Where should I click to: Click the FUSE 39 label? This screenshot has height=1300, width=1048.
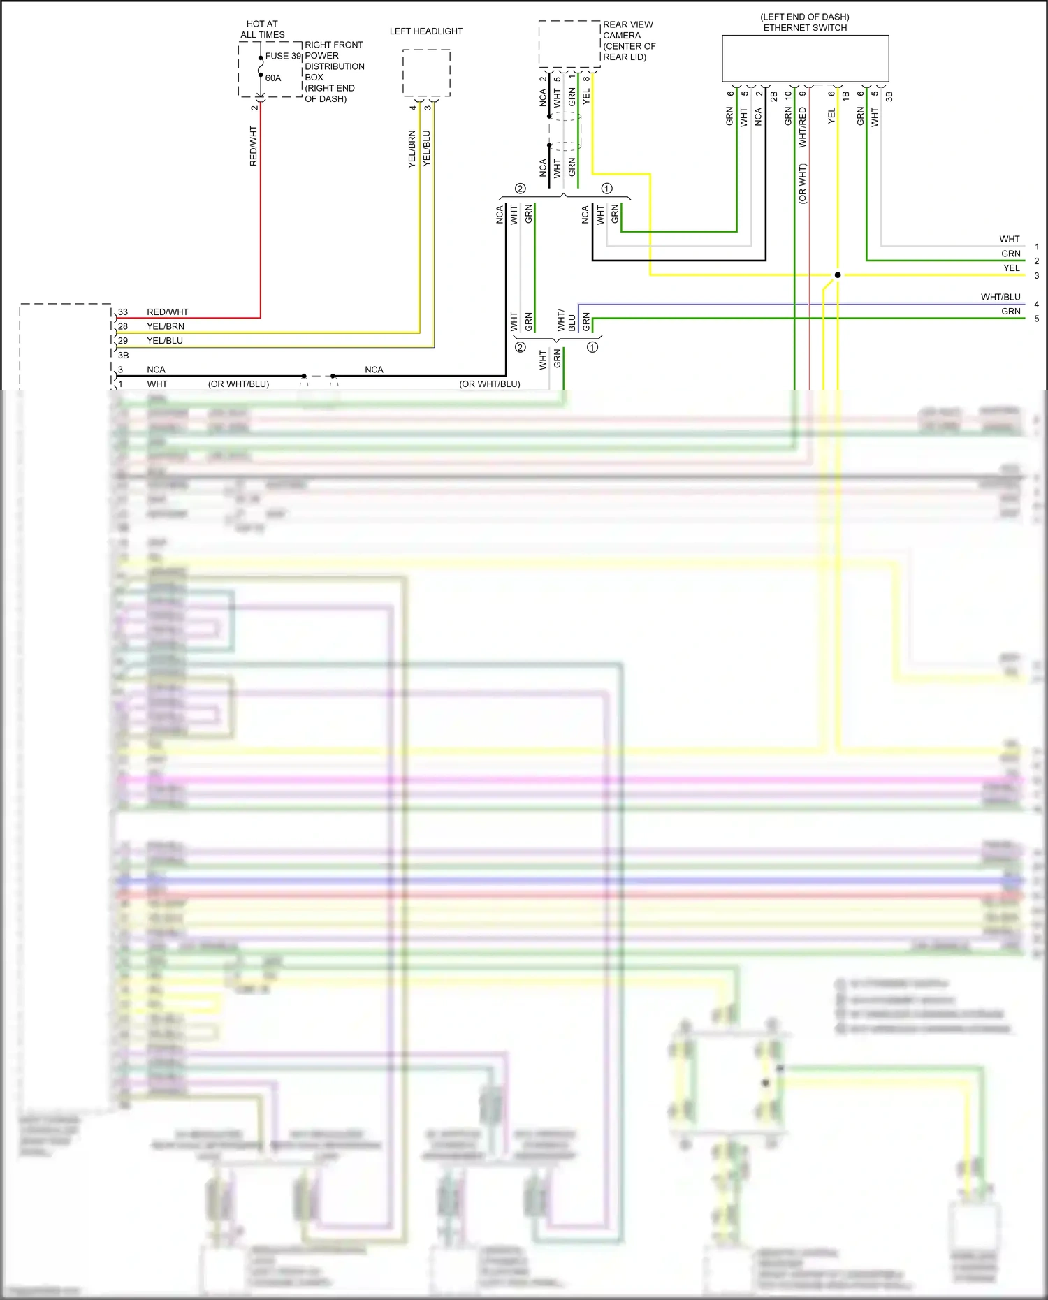pos(283,56)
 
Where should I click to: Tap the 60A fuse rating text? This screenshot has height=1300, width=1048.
pos(273,78)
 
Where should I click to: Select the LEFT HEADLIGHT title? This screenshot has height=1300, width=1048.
pos(425,31)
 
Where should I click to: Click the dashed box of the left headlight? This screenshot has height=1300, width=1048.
pos(426,73)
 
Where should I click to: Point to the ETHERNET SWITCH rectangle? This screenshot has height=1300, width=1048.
pos(805,59)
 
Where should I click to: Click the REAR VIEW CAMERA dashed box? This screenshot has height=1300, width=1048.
pos(569,44)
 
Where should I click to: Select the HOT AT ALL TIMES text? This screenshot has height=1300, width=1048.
pos(262,29)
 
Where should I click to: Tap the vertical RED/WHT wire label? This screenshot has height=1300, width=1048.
pos(254,146)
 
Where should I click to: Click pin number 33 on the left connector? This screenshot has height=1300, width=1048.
pos(123,312)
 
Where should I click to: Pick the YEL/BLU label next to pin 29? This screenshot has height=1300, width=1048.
pos(165,341)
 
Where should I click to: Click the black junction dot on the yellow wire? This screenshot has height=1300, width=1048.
pos(838,275)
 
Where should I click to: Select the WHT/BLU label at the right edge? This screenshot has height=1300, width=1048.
pos(1000,297)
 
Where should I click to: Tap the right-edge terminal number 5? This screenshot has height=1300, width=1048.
pos(1037,319)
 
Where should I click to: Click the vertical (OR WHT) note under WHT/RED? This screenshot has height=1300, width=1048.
pos(803,184)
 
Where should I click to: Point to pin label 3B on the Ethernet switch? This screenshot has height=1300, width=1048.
pos(889,96)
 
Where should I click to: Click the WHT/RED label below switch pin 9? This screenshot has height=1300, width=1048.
pos(803,127)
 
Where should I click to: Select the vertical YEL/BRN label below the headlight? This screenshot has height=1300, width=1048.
pos(412,149)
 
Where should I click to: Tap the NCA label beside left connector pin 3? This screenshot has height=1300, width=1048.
pos(156,370)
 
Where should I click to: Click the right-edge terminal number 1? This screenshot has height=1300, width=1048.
pos(1037,247)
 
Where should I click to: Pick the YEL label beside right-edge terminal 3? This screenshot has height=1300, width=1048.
pos(1011,268)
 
